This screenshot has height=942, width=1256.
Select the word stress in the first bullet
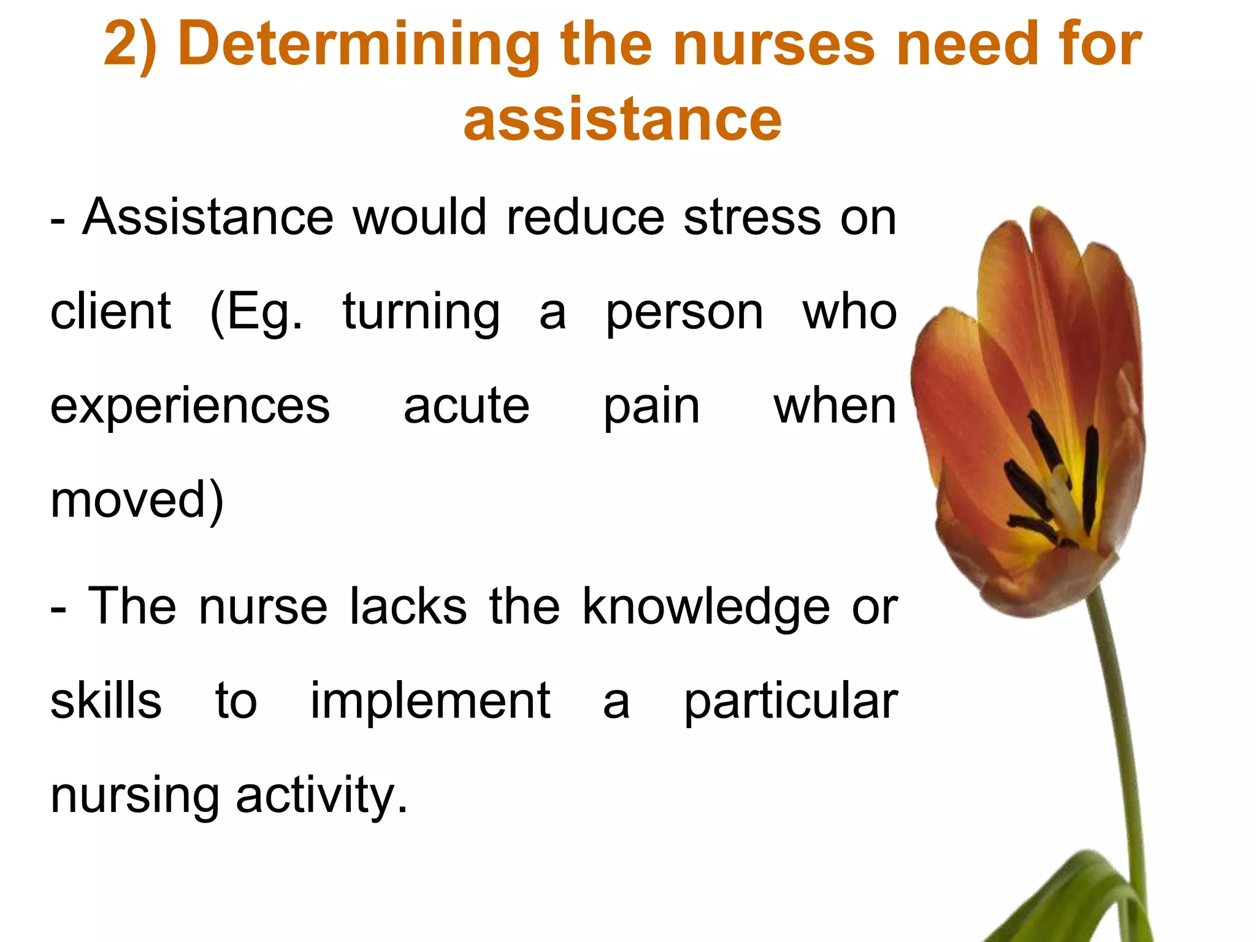pyautogui.click(x=752, y=218)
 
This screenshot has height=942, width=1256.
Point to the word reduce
pyautogui.click(x=585, y=218)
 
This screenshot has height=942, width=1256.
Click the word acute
pyautogui.click(x=466, y=407)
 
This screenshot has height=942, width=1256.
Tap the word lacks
pyautogui.click(x=408, y=607)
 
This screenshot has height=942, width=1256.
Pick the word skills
pyautogui.click(x=106, y=701)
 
